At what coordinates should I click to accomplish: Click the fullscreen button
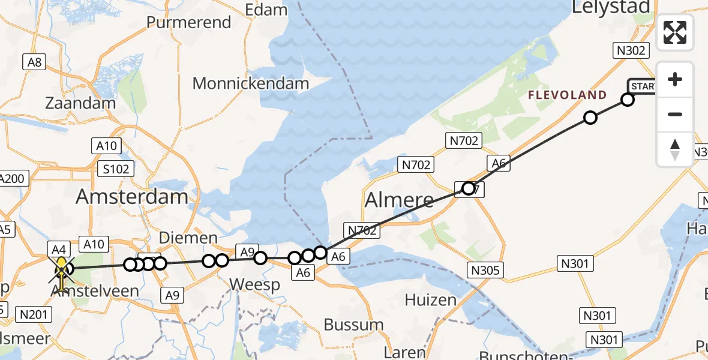[675, 32]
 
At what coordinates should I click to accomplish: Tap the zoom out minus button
[675, 114]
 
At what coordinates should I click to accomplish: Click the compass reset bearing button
[675, 148]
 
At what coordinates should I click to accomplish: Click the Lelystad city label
[611, 7]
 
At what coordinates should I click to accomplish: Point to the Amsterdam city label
[132, 197]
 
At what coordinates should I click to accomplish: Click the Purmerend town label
[189, 23]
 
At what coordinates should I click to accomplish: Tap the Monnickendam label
[251, 83]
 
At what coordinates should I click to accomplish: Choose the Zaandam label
[80, 103]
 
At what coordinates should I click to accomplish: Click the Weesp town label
[255, 284]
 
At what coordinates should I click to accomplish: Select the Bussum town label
[353, 325]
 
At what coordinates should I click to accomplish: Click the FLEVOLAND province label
[568, 95]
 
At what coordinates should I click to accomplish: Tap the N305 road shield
[485, 271]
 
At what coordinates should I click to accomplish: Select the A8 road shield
[34, 61]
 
